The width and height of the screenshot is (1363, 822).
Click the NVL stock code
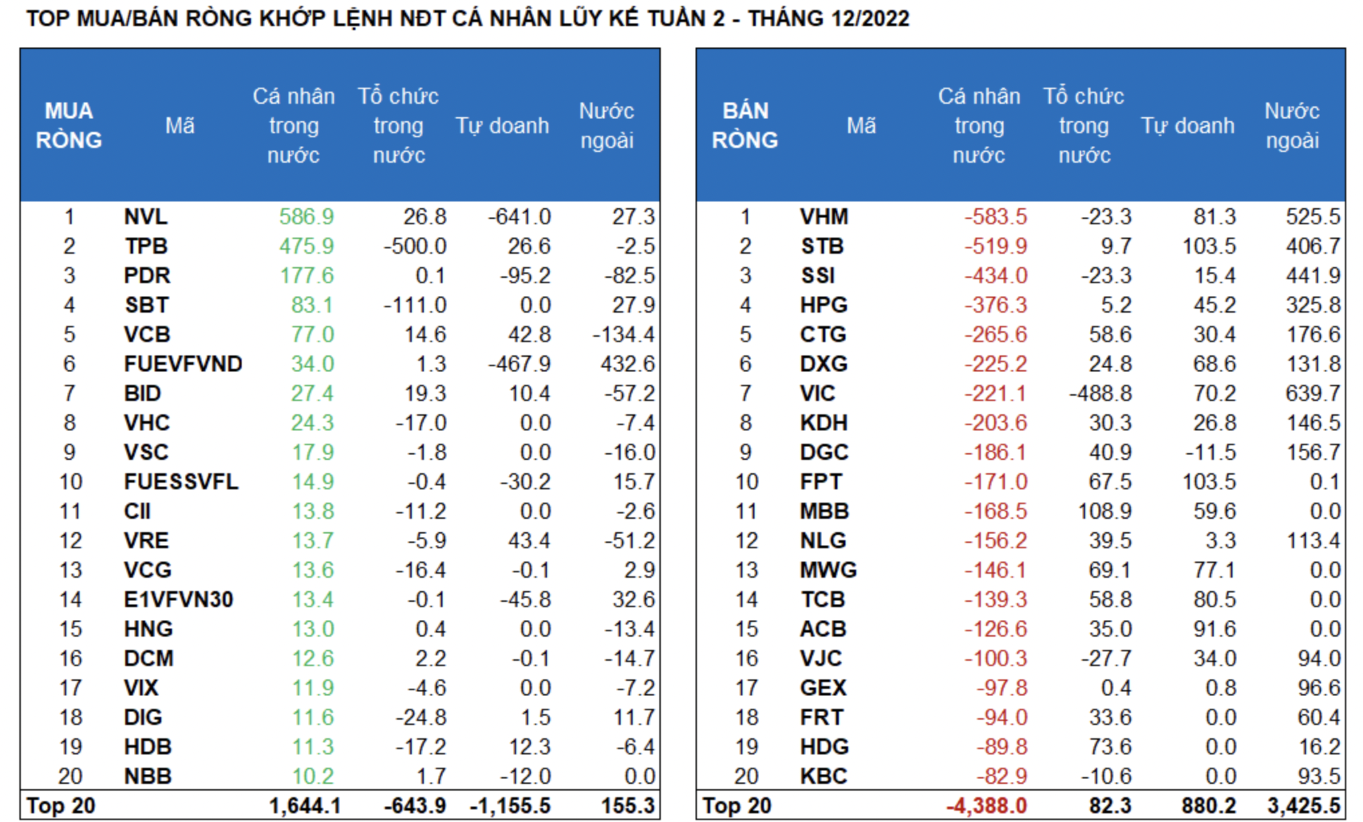(x=145, y=217)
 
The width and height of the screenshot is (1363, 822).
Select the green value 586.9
(x=306, y=217)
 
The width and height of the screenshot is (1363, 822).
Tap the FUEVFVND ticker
(x=183, y=364)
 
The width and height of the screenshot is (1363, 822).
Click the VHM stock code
(x=823, y=217)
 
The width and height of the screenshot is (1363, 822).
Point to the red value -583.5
(x=995, y=217)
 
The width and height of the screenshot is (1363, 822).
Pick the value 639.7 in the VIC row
(x=1312, y=394)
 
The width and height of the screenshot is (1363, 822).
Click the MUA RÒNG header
(x=69, y=126)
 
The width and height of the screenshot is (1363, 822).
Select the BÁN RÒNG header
(x=745, y=126)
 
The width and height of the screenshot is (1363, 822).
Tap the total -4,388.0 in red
(x=986, y=806)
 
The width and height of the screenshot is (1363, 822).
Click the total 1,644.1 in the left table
(x=305, y=806)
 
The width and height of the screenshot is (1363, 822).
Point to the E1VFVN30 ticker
(x=178, y=600)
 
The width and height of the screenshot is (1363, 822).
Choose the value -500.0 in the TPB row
(x=414, y=246)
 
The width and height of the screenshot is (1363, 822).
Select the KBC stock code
(x=823, y=776)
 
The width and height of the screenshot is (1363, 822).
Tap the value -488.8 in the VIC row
(x=1100, y=394)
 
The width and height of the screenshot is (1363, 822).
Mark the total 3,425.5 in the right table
(x=1303, y=806)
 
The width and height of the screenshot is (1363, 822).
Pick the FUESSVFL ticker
(x=181, y=482)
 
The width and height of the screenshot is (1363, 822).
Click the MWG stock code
(x=828, y=570)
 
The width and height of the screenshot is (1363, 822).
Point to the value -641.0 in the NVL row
(x=519, y=217)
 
